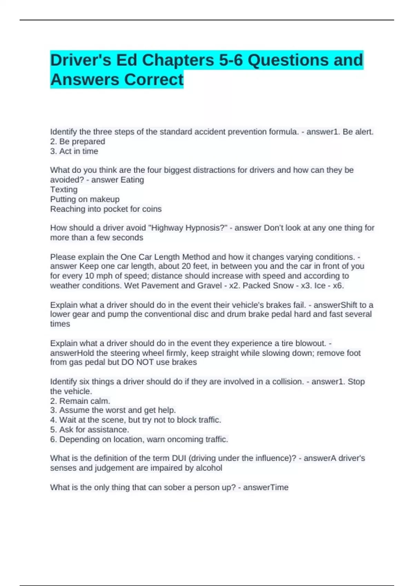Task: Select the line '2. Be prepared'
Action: (77, 141)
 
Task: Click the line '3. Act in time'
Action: (74, 151)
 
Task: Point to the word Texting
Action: (64, 189)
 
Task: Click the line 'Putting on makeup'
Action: (85, 199)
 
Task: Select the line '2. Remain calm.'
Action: (80, 401)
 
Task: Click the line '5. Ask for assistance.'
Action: (89, 430)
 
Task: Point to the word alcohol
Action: (209, 468)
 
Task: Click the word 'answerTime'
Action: (266, 487)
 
